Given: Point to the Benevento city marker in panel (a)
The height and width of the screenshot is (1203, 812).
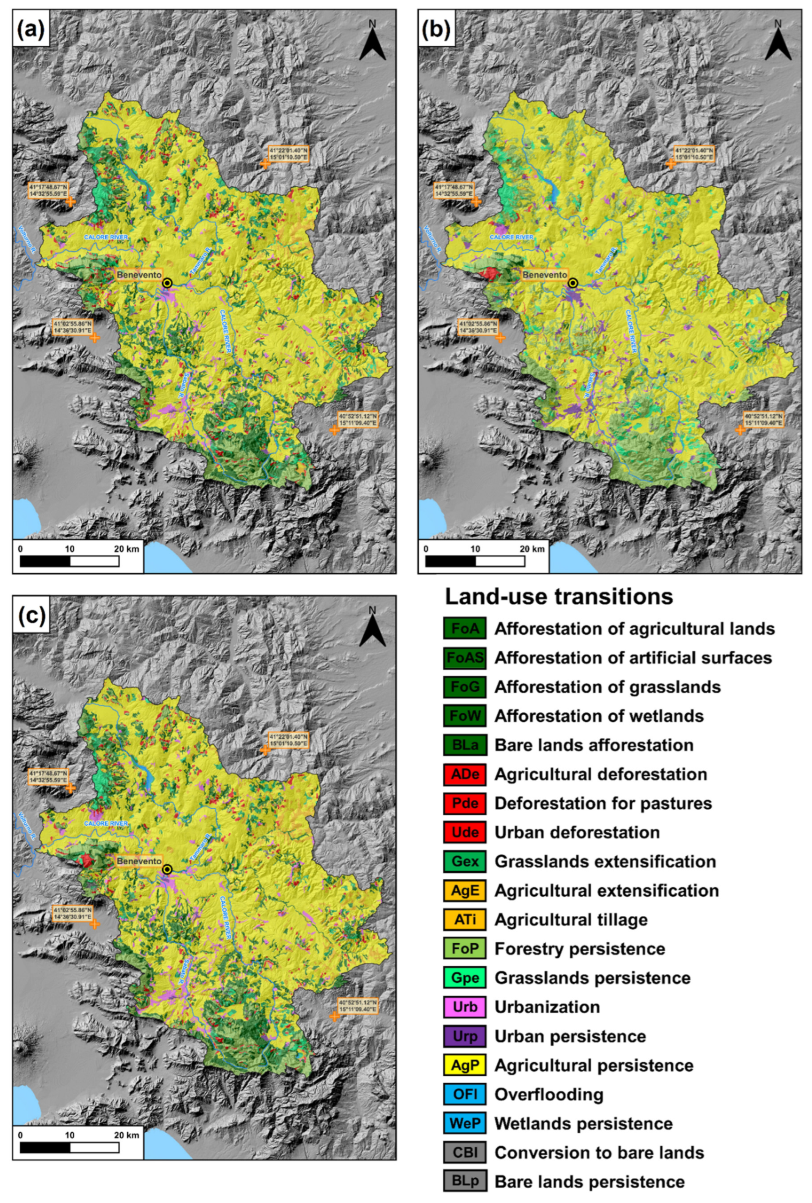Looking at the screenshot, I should (x=167, y=283).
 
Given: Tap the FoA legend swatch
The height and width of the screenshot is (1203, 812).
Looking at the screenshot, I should (x=464, y=629).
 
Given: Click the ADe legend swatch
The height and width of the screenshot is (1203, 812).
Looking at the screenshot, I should (x=464, y=774).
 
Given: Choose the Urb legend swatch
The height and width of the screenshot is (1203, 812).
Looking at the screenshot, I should (x=464, y=1007).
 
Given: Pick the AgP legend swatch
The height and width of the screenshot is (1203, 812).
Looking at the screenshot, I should (x=464, y=1065).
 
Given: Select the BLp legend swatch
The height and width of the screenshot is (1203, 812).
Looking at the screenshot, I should (x=464, y=1182).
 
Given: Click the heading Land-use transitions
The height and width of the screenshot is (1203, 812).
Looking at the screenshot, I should (x=559, y=597).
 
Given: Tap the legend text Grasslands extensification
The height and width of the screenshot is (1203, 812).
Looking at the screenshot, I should (x=605, y=861).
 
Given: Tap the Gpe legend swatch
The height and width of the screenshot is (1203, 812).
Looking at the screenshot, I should (x=464, y=978).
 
